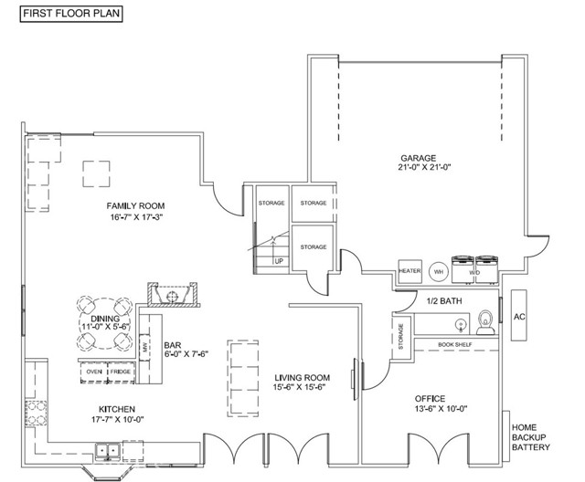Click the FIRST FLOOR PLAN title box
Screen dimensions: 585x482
coord(71,14)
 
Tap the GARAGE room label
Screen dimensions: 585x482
coord(419,158)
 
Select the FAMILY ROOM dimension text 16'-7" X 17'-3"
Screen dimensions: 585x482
coord(136,216)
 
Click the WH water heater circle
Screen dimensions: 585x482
coord(439,272)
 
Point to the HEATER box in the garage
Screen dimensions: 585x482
coord(410,271)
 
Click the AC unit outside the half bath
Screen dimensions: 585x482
coord(519,316)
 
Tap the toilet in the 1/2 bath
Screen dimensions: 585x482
coord(485,322)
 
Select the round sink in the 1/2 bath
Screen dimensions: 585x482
coord(461,324)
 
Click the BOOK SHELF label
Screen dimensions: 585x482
coord(455,344)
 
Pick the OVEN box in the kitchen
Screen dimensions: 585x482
coord(94,372)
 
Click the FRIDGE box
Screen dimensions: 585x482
coord(121,372)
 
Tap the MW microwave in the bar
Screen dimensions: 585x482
coord(144,348)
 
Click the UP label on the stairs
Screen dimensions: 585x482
coord(279,261)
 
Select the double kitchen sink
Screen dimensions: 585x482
coord(107,451)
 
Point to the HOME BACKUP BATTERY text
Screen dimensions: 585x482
coord(530,437)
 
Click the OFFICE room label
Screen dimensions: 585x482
coord(430,399)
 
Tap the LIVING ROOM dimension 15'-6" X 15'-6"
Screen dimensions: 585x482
coord(299,387)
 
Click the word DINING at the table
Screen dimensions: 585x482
coord(105,319)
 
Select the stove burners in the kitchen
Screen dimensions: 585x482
coord(37,413)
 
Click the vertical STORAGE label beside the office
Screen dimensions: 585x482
coord(401,336)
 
